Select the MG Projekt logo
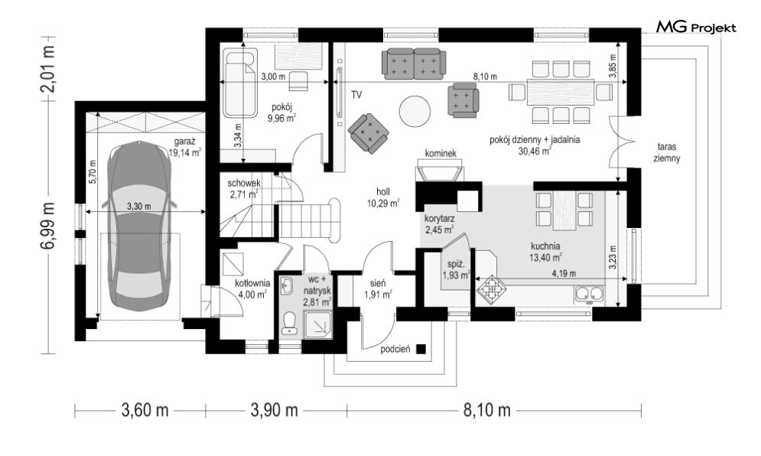[x=696, y=28]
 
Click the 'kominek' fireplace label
[x=441, y=154]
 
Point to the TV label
[x=356, y=95]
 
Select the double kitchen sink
[x=589, y=293]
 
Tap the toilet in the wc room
[x=290, y=323]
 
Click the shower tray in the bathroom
[x=318, y=324]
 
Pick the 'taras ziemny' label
[x=667, y=152]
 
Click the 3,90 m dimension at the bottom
[x=275, y=410]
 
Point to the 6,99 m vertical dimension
[x=48, y=226]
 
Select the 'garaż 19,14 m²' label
[x=184, y=147]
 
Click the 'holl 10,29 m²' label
[x=383, y=198]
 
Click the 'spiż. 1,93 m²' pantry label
[x=456, y=271]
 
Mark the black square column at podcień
[x=421, y=349]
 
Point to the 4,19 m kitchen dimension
[x=564, y=273]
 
